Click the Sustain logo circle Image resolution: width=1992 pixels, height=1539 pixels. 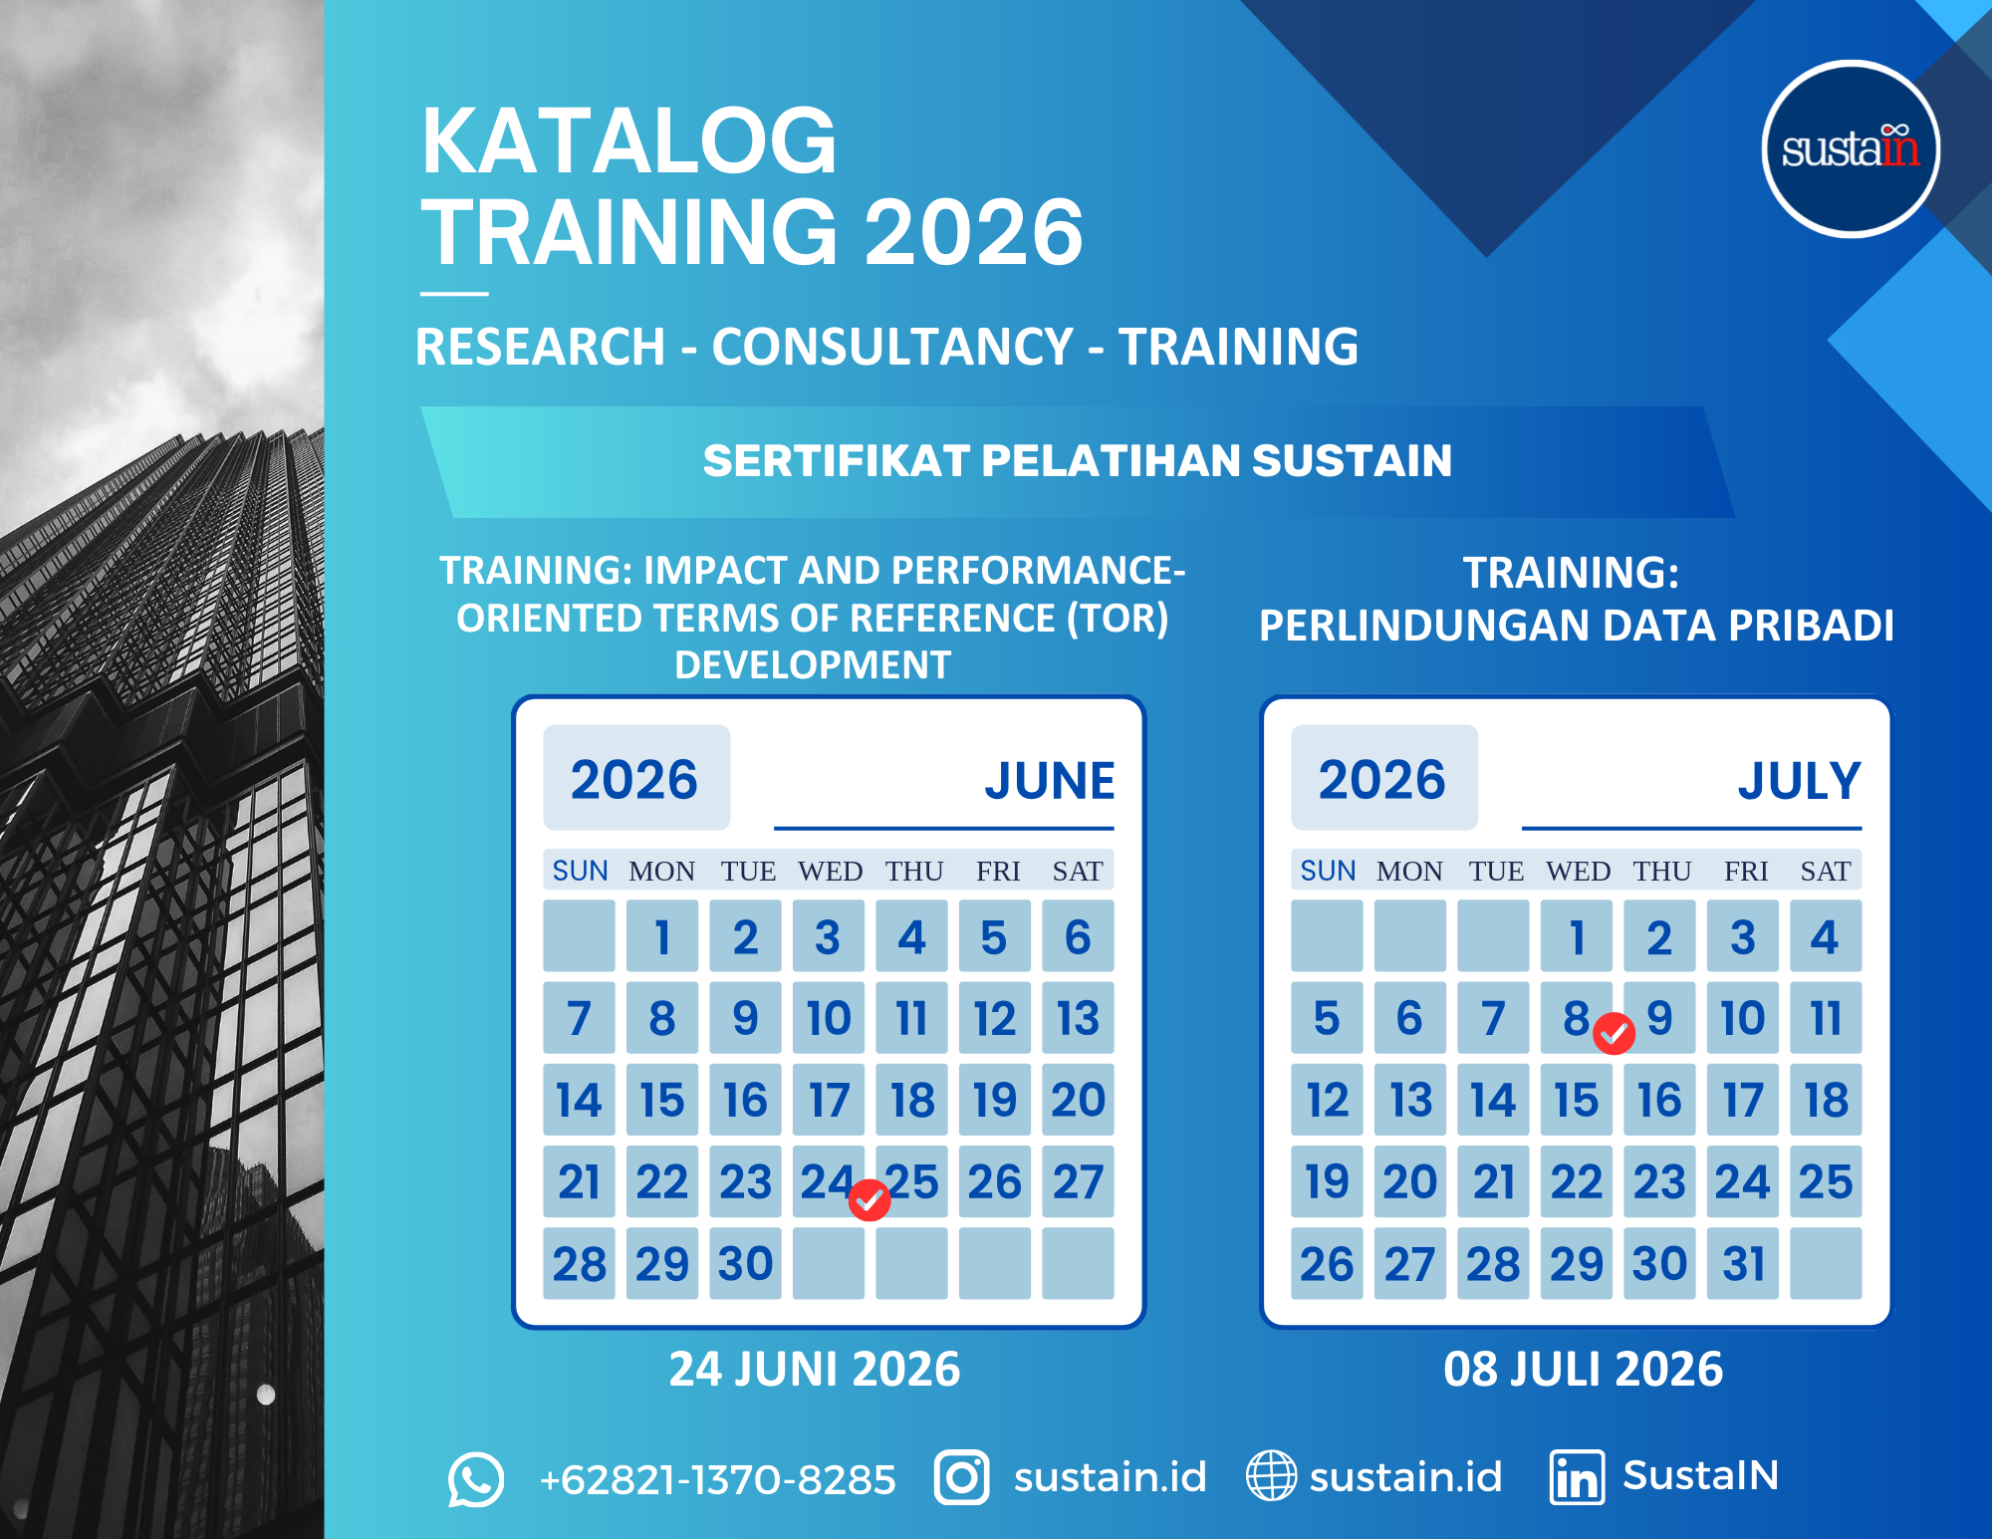click(x=1851, y=149)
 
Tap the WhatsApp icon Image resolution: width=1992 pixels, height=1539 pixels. click(x=475, y=1478)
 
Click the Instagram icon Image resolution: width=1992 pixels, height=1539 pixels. click(x=961, y=1477)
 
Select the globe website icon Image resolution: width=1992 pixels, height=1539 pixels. click(x=1271, y=1475)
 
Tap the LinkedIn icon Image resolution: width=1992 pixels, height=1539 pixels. click(x=1577, y=1477)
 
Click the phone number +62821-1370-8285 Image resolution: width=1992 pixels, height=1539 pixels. click(x=717, y=1479)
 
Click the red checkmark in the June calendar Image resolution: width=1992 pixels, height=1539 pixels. click(x=870, y=1200)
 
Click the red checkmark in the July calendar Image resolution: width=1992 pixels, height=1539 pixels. click(x=1614, y=1033)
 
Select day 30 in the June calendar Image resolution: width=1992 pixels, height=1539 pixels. click(x=745, y=1263)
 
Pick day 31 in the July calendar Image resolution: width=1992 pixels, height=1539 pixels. click(x=1743, y=1263)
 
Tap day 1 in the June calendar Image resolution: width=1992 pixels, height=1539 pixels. click(x=662, y=936)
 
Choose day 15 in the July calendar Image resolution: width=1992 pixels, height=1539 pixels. click(x=1577, y=1100)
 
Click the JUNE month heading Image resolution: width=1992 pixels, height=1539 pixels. click(x=1050, y=781)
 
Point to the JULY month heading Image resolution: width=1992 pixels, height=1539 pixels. click(x=1800, y=781)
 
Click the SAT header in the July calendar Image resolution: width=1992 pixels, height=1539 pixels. click(x=1826, y=872)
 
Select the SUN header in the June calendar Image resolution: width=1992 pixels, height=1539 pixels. click(x=580, y=872)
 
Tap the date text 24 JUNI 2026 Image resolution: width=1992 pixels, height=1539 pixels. click(x=815, y=1370)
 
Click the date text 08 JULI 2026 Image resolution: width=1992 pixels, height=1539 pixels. click(x=1584, y=1370)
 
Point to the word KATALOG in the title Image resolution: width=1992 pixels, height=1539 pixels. click(x=629, y=140)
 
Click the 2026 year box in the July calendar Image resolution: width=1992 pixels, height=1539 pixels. click(x=1384, y=778)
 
